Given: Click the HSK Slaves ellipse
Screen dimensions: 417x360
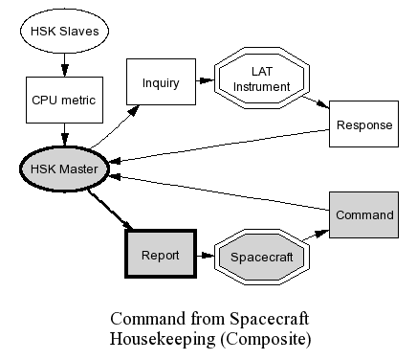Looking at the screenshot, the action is coord(64,31).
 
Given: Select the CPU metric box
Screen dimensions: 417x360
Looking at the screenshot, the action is coord(64,100).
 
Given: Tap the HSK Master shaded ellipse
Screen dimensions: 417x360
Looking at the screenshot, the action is coord(64,169).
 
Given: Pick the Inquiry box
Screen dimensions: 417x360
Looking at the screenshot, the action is coord(161,81).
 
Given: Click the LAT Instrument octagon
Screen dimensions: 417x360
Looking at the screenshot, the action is coord(262,79).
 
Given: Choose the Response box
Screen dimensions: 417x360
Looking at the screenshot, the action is coord(363,124).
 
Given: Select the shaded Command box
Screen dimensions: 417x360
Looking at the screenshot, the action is coord(363,214).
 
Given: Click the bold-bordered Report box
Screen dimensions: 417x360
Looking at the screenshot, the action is coord(161,254).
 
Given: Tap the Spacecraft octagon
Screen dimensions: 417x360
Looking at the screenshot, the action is coord(262,257).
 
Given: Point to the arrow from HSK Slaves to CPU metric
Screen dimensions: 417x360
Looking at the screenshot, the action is coord(65,65).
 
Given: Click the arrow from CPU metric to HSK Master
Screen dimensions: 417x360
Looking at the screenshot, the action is coord(65,134).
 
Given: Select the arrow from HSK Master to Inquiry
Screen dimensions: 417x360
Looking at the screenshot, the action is coord(115,126).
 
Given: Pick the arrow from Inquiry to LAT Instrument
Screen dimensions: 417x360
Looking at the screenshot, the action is coord(205,80).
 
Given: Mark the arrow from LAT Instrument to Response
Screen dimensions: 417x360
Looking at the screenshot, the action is coord(316,102).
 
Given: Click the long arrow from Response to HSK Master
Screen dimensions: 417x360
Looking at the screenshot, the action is coord(219,146).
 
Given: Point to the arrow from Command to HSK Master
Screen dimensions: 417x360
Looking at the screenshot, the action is coord(219,192).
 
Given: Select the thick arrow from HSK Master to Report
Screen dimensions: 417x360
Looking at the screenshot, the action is coord(110,210).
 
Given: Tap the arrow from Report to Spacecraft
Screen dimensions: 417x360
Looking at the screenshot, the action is coord(206,256).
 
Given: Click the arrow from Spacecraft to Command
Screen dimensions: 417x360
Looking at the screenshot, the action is coord(316,235).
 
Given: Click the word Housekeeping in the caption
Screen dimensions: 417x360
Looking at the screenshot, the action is coord(163,339).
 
